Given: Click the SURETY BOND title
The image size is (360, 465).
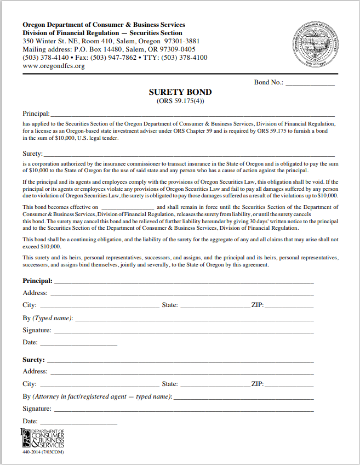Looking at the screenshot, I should [x=180, y=92].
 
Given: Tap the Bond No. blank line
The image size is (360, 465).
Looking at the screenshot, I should [x=310, y=83].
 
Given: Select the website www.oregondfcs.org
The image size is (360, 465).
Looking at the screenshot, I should [x=54, y=66].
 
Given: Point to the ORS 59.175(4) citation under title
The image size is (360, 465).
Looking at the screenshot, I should [x=180, y=101].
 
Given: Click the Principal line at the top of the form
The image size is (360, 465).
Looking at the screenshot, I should [x=192, y=114].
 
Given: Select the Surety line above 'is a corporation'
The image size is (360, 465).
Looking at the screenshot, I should [x=189, y=154].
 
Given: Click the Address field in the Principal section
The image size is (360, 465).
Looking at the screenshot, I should [x=181, y=293].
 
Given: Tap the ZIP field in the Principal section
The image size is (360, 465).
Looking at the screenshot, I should [x=289, y=305].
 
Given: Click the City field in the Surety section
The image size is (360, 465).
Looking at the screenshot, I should [x=99, y=384].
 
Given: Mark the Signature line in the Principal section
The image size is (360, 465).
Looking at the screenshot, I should [x=184, y=331].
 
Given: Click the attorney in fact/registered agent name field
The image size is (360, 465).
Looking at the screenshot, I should [x=243, y=397].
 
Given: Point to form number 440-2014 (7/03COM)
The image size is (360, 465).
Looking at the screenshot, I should [x=43, y=452].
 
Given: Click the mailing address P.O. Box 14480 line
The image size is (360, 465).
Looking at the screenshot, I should [x=108, y=49].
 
